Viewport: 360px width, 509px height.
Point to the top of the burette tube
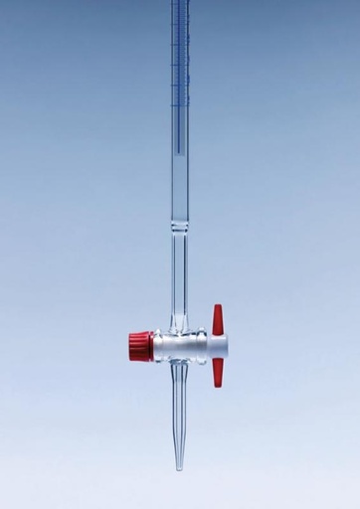click(180, 3)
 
